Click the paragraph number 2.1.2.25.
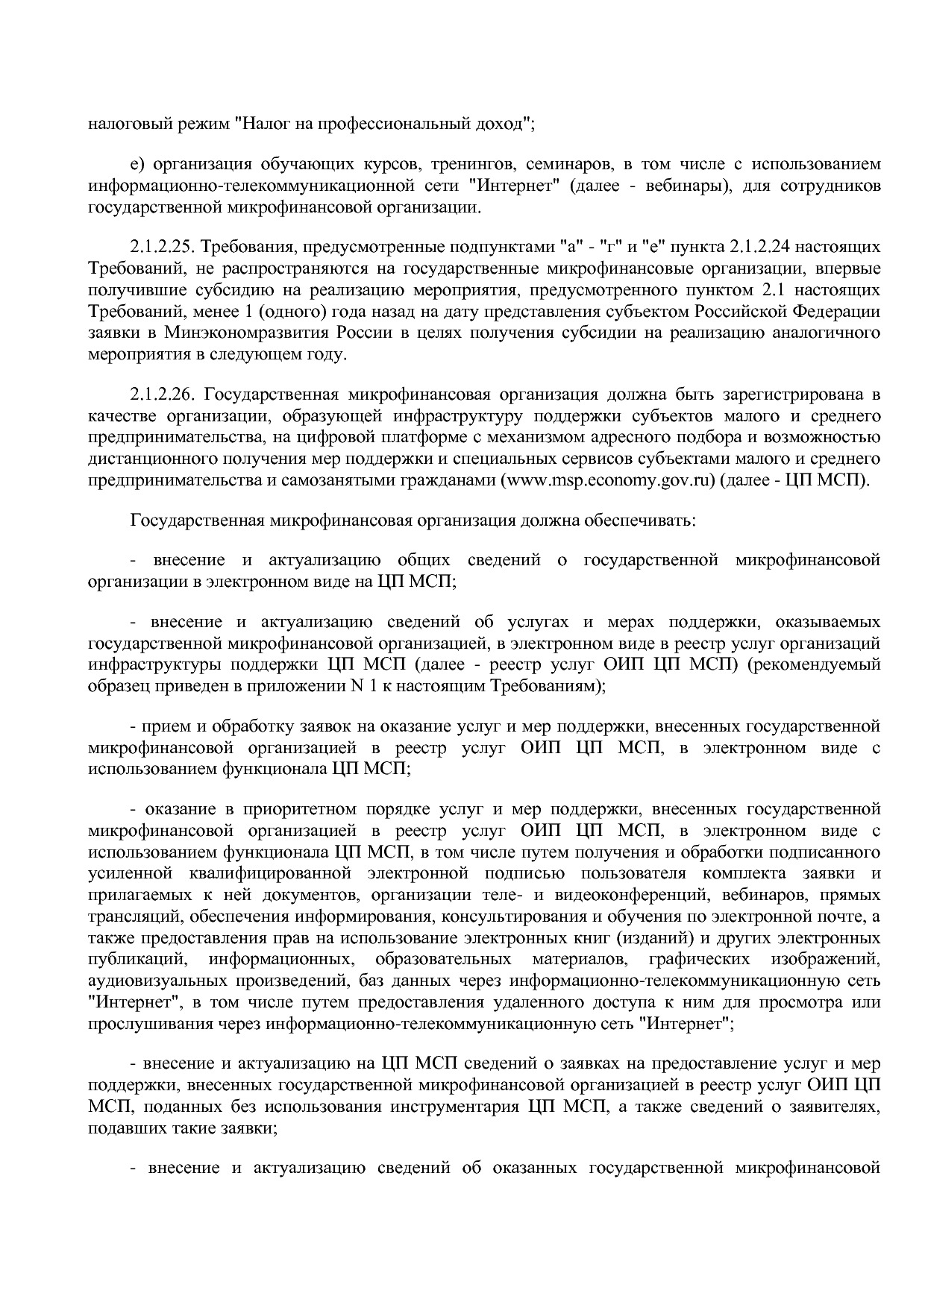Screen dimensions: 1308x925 (163, 247)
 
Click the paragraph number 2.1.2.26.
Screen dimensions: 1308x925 (163, 394)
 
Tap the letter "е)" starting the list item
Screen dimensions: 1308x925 (137, 164)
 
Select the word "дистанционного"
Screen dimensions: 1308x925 (149, 459)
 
